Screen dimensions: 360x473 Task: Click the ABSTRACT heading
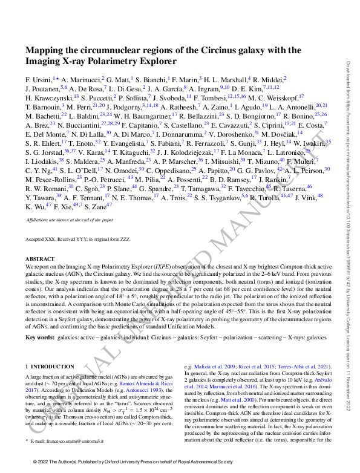39,259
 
